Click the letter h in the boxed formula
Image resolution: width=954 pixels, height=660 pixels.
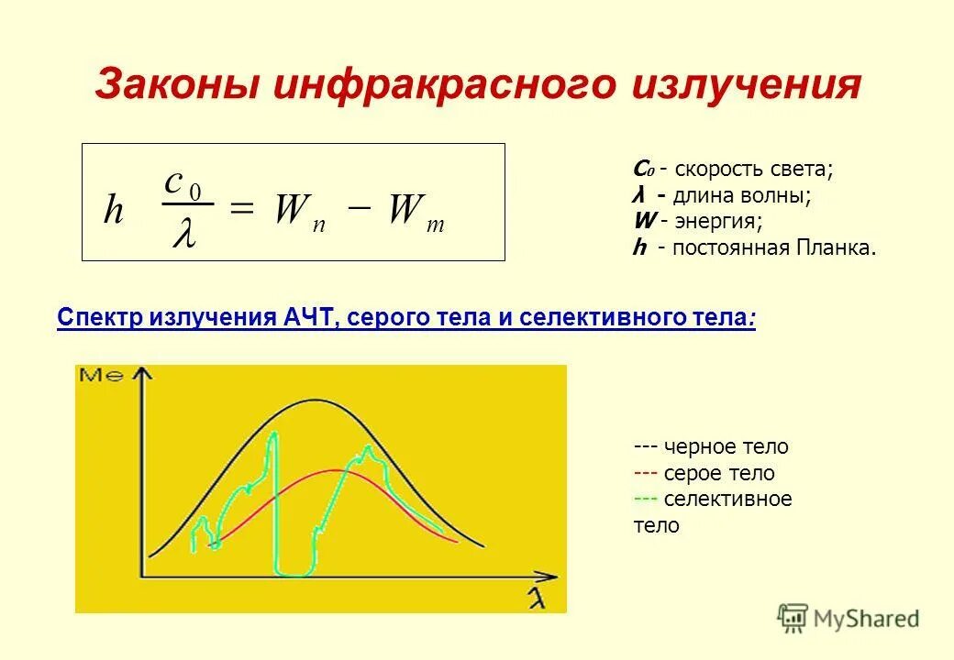pos(113,211)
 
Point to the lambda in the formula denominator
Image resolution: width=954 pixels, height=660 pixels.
pos(183,233)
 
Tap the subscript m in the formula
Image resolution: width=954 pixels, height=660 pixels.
pos(436,225)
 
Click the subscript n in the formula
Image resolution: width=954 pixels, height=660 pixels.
pos(318,225)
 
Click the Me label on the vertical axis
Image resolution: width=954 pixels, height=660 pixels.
pos(101,374)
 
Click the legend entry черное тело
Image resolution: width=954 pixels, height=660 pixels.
pos(725,447)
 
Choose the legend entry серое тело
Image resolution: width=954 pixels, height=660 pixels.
pos(718,474)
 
